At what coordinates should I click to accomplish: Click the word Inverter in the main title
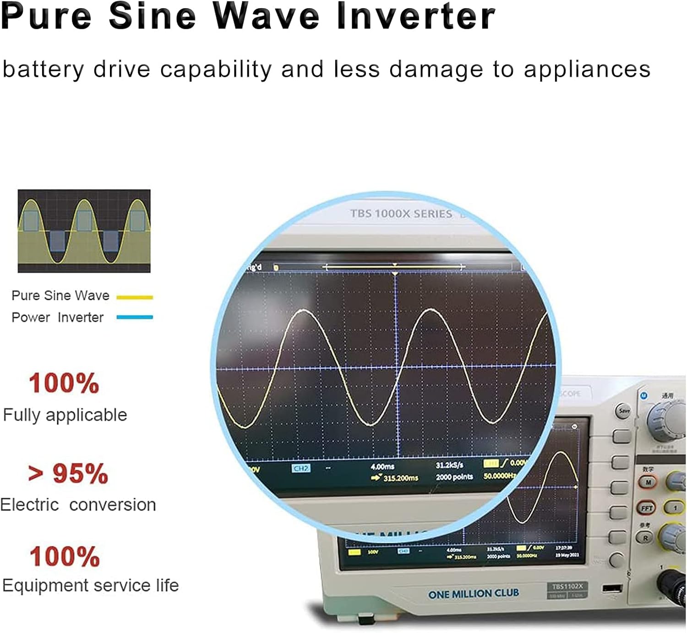415,16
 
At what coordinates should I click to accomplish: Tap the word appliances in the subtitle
587,70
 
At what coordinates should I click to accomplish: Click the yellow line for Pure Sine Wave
135,297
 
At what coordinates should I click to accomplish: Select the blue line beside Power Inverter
135,317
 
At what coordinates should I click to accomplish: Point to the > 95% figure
68,473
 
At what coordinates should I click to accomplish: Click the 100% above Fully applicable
64,383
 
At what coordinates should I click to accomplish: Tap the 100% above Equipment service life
65,557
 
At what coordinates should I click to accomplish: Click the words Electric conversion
78,505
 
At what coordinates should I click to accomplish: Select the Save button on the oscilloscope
624,411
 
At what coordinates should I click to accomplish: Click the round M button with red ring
648,482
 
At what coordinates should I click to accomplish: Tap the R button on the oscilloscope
645,538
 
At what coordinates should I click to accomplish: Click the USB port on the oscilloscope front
612,588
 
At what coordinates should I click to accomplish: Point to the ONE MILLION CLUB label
474,594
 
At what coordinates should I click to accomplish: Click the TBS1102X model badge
567,586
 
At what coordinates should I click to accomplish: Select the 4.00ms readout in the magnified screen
382,466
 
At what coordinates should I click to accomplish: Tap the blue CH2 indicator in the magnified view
300,468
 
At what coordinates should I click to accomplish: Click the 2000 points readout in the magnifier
454,477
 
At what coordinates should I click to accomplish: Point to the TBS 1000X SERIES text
401,214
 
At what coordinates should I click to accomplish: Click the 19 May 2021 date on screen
567,555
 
